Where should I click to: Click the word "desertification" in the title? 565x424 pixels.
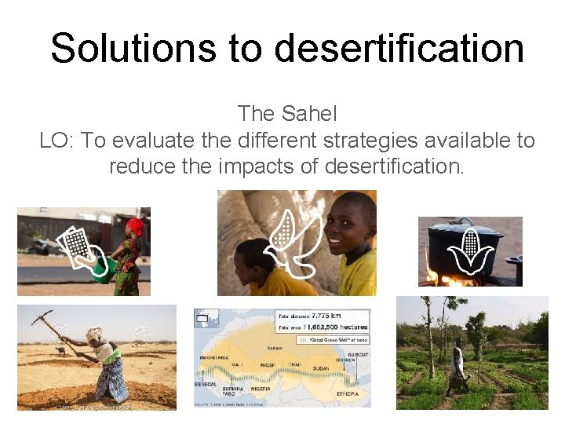pos(399,48)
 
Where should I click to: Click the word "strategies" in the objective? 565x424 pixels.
pos(365,141)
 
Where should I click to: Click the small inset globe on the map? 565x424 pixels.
pos(206,319)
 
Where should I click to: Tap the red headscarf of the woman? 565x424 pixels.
pos(136,226)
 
